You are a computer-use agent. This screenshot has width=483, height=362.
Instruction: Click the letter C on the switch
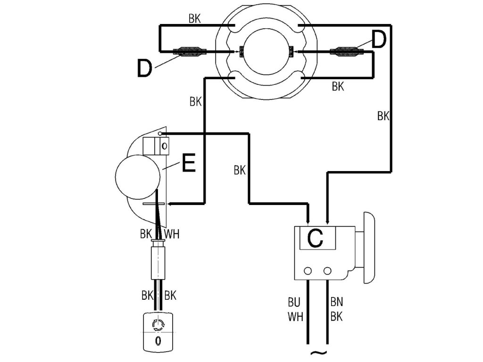[x=315, y=239]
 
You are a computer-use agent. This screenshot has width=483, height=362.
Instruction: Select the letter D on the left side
[x=144, y=68]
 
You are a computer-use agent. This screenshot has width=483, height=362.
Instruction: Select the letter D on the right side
[x=379, y=40]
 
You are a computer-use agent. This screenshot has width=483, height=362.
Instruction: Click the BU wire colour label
[x=294, y=302]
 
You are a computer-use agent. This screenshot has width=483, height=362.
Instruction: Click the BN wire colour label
[x=337, y=302]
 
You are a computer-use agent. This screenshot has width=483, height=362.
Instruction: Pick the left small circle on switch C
[x=308, y=271]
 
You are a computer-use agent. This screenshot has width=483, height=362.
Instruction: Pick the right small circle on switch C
[x=327, y=271]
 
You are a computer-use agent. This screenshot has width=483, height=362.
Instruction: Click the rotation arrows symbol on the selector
[x=158, y=325]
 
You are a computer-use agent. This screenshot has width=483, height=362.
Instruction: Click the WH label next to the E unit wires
[x=172, y=234]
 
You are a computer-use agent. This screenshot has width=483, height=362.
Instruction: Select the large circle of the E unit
[x=137, y=177]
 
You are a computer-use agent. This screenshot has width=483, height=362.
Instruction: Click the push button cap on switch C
[x=369, y=247]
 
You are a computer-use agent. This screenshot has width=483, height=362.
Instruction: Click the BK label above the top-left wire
[x=195, y=19]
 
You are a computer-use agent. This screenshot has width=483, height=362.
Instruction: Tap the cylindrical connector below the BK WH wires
[x=158, y=260]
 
